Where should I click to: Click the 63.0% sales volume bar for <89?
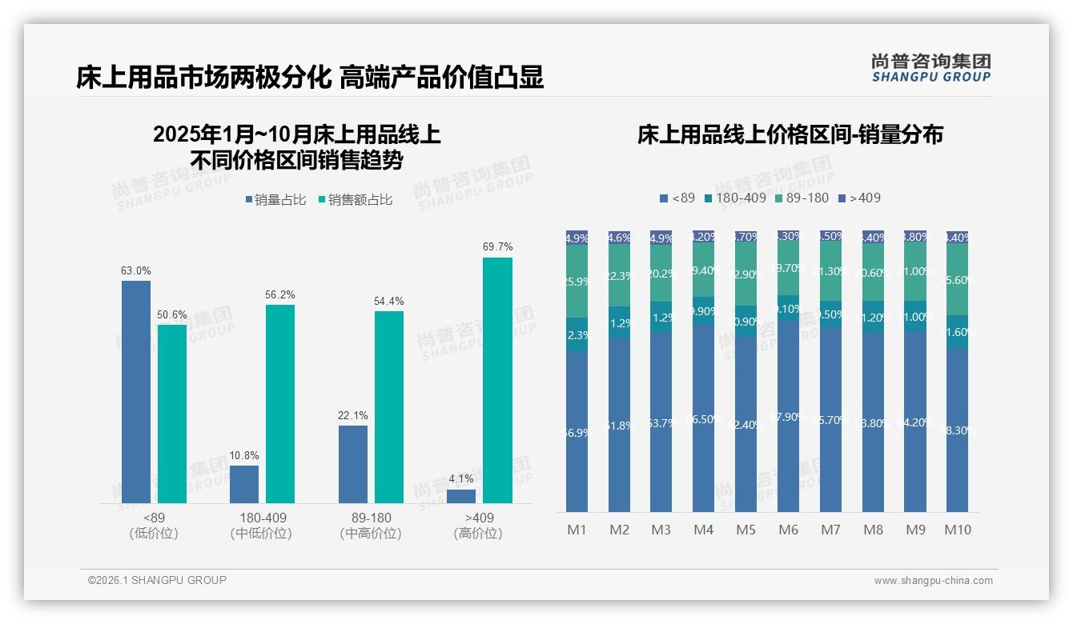pyautogui.click(x=136, y=392)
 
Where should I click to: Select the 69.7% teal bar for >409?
pyautogui.click(x=497, y=380)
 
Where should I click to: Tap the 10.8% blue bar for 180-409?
pyautogui.click(x=244, y=484)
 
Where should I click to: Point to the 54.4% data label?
pyautogui.click(x=388, y=302)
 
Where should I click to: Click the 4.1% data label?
pyautogui.click(x=461, y=479)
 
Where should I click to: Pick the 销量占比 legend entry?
pyautogui.click(x=276, y=200)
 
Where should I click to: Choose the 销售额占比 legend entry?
pyautogui.click(x=356, y=200)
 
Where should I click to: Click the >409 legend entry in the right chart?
pyautogui.click(x=859, y=198)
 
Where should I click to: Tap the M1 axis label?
pyautogui.click(x=577, y=530)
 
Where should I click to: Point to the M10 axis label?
pyautogui.click(x=958, y=530)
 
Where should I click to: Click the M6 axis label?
pyautogui.click(x=789, y=530)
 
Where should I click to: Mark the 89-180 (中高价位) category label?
pyautogui.click(x=371, y=526)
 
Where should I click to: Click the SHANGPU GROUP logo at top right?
pyautogui.click(x=930, y=68)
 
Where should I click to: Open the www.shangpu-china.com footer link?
pyautogui.click(x=933, y=581)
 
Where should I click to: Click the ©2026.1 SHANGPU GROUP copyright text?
pyautogui.click(x=157, y=580)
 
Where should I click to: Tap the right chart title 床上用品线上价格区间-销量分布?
pyautogui.click(x=790, y=134)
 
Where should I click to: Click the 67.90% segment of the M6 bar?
pyautogui.click(x=789, y=416)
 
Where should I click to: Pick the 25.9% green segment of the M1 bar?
pyautogui.click(x=577, y=282)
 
